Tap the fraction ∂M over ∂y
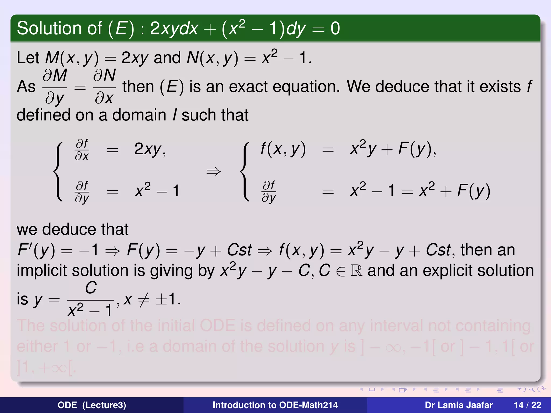(x=55, y=87)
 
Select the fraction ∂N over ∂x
(x=104, y=87)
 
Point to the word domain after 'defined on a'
(x=139, y=115)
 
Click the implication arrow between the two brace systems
(x=214, y=172)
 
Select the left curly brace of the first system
(x=58, y=172)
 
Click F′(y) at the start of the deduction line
(x=36, y=250)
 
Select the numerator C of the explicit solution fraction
(x=91, y=288)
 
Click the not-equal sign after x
(x=144, y=300)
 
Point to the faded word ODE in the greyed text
(x=217, y=326)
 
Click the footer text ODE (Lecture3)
(x=92, y=405)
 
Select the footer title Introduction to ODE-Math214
(x=275, y=405)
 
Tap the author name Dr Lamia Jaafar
(x=458, y=405)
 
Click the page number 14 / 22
(x=527, y=405)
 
